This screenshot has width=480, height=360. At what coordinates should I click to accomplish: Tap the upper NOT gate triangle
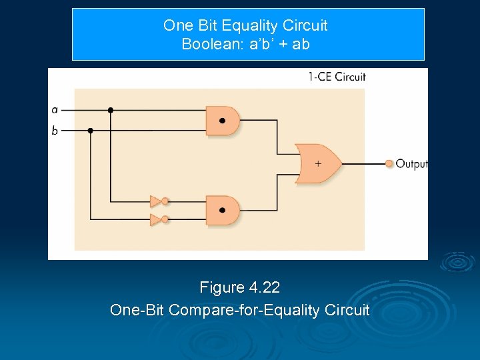(155, 201)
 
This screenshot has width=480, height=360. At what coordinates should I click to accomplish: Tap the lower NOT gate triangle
(155, 219)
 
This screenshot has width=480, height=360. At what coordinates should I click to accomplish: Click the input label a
(54, 110)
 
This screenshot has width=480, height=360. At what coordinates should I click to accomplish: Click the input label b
(54, 130)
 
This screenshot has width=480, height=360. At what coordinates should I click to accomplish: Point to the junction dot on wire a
(110, 110)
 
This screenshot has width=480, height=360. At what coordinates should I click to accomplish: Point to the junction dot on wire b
(90, 130)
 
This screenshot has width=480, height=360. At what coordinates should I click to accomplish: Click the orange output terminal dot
(389, 163)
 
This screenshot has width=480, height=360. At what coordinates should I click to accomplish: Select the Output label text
(411, 163)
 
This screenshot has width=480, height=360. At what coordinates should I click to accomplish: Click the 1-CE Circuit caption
(337, 77)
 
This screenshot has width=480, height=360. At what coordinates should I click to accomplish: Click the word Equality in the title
(247, 26)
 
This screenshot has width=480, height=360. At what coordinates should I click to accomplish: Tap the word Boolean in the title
(206, 45)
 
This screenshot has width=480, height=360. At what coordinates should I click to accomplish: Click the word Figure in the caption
(222, 288)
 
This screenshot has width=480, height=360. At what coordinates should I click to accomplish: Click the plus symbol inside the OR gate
(317, 163)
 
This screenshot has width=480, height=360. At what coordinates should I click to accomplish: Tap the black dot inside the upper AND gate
(222, 121)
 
